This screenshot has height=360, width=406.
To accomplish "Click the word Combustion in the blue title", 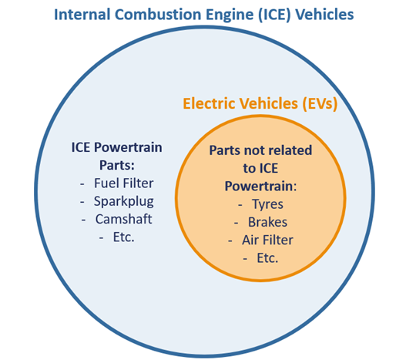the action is [x=158, y=15].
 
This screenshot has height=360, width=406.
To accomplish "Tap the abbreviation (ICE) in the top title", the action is [x=274, y=15].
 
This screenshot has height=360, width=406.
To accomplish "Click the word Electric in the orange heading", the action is [x=210, y=103].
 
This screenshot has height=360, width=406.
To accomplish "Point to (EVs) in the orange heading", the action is [x=320, y=103].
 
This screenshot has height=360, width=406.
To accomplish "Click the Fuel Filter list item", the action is [x=124, y=183].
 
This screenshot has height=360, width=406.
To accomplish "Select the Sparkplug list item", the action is [x=124, y=202].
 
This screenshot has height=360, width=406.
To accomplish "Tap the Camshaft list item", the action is [x=123, y=219].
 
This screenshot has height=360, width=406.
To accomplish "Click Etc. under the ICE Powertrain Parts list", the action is [x=124, y=237].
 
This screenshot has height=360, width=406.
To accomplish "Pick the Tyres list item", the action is [x=268, y=204].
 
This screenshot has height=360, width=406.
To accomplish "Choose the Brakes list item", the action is [x=268, y=222].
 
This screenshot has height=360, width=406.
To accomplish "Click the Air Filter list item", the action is [x=268, y=240].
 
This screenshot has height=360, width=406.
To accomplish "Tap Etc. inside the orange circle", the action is [x=267, y=258].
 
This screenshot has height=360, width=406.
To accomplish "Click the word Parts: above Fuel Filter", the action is [x=117, y=165].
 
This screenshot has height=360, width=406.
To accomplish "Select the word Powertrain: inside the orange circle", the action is [x=260, y=186].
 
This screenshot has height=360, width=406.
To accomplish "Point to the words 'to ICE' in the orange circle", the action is [x=260, y=168].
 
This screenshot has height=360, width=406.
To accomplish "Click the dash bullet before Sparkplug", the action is [x=82, y=202].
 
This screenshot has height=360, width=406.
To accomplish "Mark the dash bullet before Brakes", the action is [x=237, y=223].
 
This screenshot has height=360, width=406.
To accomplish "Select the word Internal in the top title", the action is [x=82, y=15].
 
